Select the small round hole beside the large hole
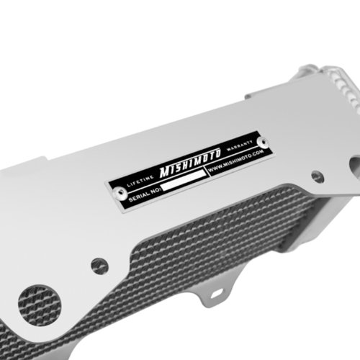[99, 266]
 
